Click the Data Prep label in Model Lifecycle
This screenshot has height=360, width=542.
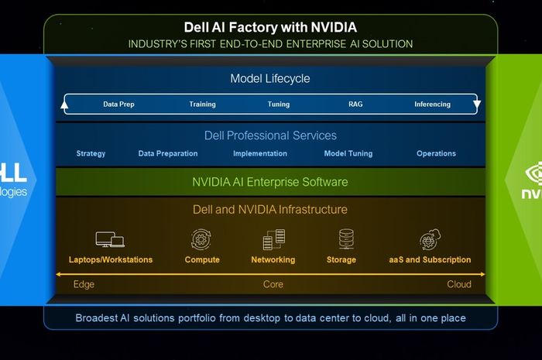pos(118,105)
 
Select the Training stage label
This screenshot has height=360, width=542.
pos(202,105)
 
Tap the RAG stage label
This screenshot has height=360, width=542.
pos(355,105)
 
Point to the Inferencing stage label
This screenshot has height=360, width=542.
pos(432,105)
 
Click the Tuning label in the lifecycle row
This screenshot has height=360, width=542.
pos(279,105)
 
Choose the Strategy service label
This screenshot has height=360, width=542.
pos(91,153)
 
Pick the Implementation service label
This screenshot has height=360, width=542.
pos(260,153)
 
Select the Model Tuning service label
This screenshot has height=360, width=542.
pos(348,153)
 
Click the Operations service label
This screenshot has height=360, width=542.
pos(436,153)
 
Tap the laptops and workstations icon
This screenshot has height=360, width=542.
pos(110,239)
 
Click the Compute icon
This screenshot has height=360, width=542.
pos(202,239)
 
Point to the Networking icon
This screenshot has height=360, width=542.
pos(273,239)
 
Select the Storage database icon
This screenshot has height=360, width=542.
pos(345,238)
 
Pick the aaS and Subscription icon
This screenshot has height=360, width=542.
pos(430,239)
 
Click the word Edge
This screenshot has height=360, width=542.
pos(84,284)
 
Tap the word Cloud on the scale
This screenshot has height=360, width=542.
pos(458,284)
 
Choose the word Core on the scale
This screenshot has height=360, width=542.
pos(273,284)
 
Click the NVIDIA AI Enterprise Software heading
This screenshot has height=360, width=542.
pos(270,183)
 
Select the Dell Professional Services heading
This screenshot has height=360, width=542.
pos(270,135)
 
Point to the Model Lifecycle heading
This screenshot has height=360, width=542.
pos(270,79)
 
